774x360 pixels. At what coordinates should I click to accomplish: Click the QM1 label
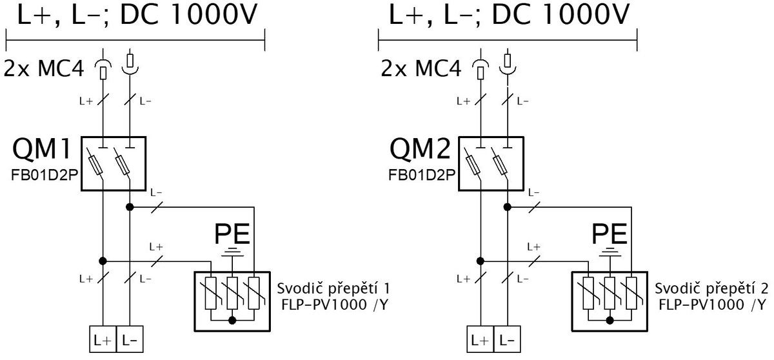(x=42, y=148)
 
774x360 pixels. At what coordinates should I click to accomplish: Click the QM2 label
(x=420, y=148)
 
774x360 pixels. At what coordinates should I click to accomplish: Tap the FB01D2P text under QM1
(x=45, y=175)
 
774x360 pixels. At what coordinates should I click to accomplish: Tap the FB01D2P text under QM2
(x=422, y=175)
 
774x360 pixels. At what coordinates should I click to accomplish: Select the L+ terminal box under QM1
(x=103, y=339)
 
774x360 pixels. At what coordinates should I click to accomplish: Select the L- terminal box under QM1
(x=130, y=339)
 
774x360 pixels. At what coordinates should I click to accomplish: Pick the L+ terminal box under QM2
(x=481, y=339)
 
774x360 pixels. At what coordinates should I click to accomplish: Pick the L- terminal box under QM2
(x=507, y=339)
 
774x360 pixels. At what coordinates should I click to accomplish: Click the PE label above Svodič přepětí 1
(x=232, y=234)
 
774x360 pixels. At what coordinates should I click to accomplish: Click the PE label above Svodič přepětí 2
(x=610, y=234)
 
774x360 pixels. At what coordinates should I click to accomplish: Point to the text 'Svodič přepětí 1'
(x=333, y=289)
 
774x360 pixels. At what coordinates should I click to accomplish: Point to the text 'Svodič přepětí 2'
(x=711, y=289)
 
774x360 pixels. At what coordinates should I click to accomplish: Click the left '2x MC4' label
(x=44, y=68)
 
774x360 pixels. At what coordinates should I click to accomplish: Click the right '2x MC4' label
(x=421, y=68)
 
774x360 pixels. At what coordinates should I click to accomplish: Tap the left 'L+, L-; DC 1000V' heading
(x=137, y=14)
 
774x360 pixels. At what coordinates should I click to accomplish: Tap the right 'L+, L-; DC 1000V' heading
(x=509, y=14)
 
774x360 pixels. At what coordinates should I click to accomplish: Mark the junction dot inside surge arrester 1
(x=233, y=320)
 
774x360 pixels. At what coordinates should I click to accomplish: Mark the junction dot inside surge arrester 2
(x=610, y=320)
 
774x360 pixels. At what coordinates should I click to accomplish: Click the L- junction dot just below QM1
(x=130, y=207)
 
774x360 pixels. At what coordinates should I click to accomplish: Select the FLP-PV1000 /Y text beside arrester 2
(x=712, y=305)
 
